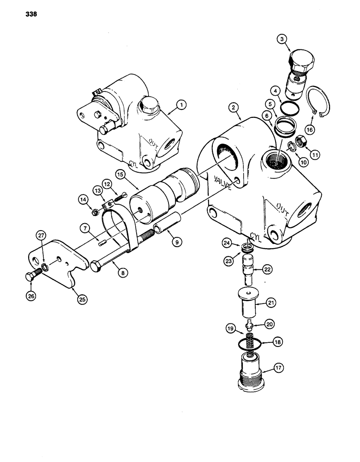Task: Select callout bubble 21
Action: pos(271,303)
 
